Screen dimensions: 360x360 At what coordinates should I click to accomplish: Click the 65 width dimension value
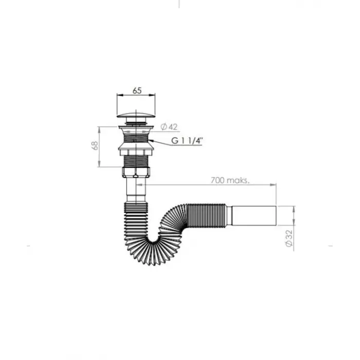[137, 91]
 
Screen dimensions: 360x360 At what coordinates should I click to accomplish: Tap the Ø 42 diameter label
[169, 127]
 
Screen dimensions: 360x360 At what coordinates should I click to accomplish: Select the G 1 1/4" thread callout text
[187, 140]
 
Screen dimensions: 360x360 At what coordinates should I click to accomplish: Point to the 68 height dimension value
[95, 146]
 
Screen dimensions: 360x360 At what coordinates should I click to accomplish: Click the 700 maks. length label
[230, 180]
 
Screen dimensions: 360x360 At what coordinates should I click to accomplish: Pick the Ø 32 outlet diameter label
[289, 238]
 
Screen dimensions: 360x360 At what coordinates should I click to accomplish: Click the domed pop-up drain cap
[136, 115]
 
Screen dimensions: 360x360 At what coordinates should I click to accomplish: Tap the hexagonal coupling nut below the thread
[136, 172]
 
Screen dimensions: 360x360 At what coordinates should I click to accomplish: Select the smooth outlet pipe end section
[254, 216]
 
